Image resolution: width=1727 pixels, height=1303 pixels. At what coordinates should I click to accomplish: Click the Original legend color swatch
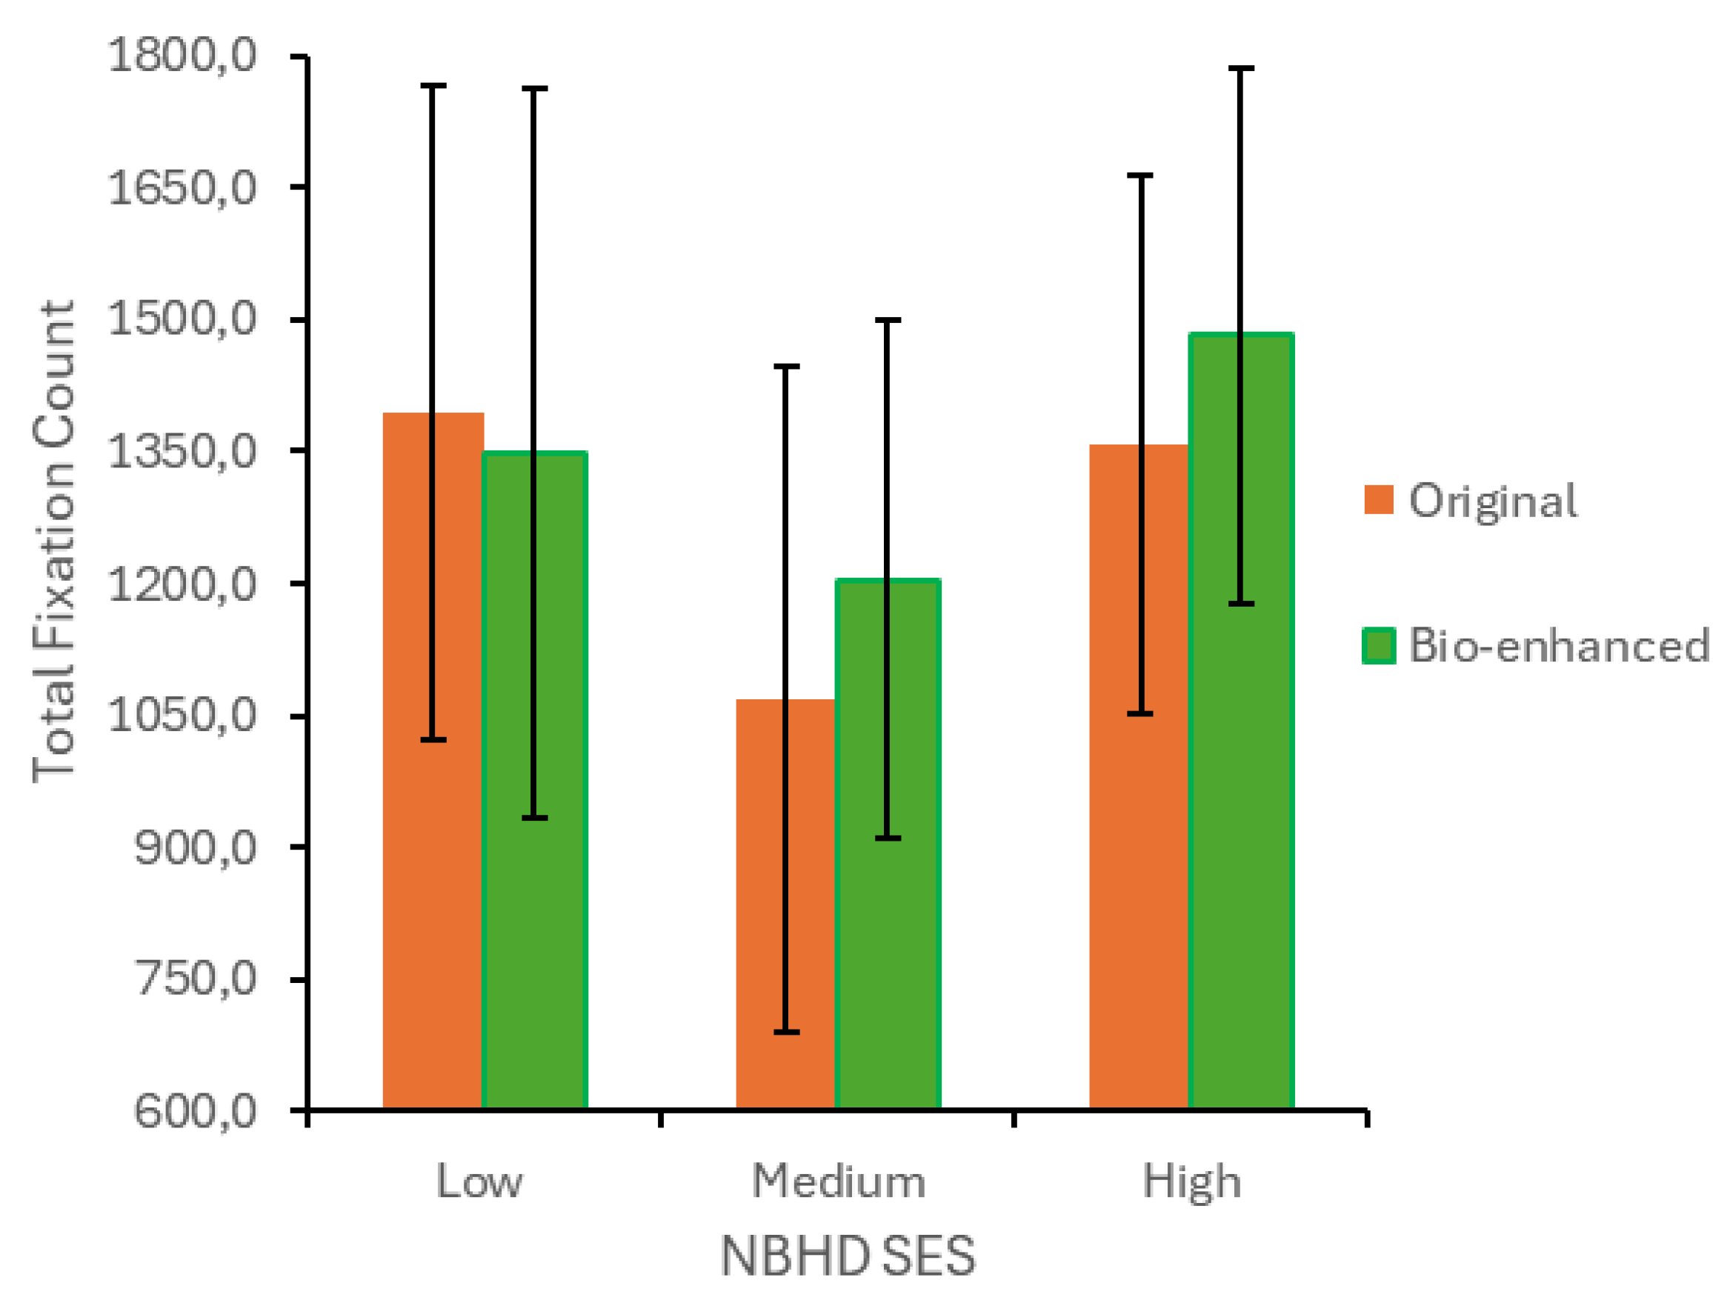tap(1379, 500)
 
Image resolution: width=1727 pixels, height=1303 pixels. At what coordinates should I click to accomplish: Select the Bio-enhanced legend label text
tap(1558, 646)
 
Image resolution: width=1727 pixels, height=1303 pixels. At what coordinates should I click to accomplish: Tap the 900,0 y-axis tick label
tap(195, 847)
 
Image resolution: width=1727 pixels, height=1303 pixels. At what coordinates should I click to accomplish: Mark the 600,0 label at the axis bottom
tap(195, 1111)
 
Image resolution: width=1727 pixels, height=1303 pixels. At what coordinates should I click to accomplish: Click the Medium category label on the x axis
tap(839, 1182)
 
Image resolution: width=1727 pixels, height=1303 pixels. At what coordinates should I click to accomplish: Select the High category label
tap(1191, 1182)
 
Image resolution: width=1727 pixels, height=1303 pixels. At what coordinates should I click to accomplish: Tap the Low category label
tap(479, 1182)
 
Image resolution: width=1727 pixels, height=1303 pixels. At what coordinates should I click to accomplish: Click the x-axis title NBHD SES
tap(848, 1256)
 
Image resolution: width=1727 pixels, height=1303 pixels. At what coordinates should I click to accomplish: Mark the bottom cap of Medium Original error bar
tap(786, 1033)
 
